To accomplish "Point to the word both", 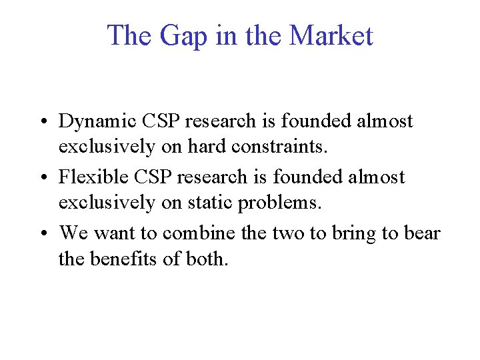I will [x=208, y=257].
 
